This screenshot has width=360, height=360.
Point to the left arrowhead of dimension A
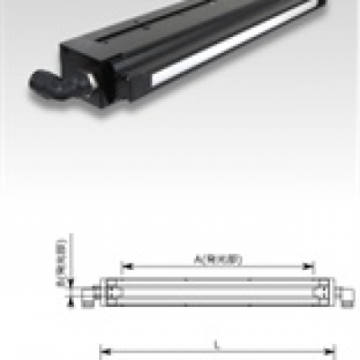point(123,266)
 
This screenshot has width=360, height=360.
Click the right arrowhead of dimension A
point(312,266)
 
